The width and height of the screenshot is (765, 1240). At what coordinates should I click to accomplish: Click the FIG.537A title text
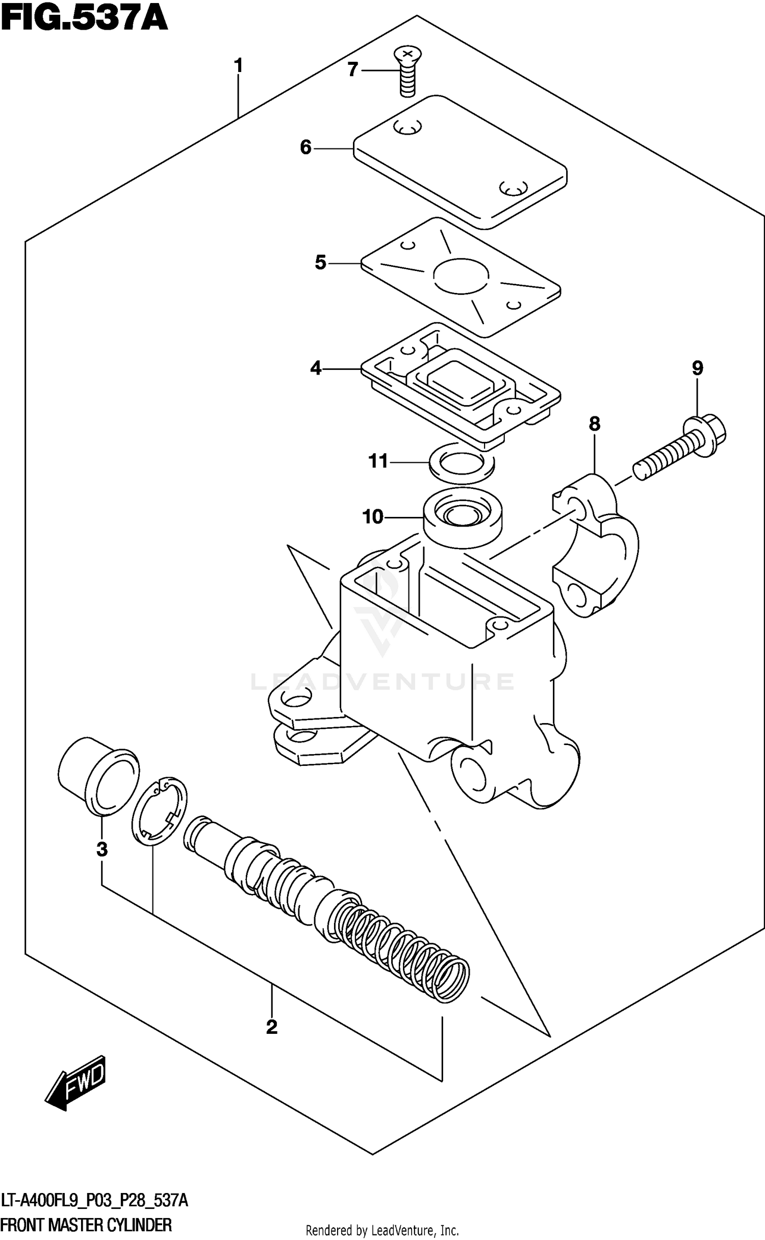click(84, 19)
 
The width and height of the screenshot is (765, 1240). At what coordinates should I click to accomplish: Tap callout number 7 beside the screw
click(352, 69)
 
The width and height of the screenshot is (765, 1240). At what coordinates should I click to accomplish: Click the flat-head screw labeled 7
click(407, 71)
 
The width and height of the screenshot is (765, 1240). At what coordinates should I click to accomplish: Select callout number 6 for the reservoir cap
click(305, 148)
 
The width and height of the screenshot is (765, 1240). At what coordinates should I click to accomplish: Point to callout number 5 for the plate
click(320, 263)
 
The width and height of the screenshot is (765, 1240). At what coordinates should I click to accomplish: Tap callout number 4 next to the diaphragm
click(316, 368)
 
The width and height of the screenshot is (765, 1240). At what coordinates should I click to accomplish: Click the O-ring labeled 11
click(462, 463)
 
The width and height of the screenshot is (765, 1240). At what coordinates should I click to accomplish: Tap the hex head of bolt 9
click(710, 434)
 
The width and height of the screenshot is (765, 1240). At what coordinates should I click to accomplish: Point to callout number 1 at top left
click(238, 66)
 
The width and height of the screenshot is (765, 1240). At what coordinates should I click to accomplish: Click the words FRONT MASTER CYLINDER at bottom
click(87, 1225)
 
